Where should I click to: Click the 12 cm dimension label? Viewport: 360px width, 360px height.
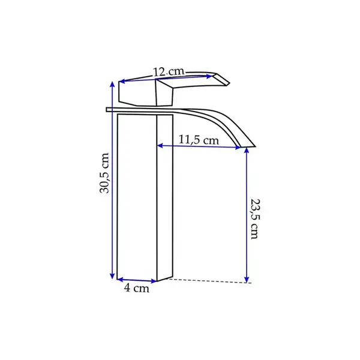click(168, 72)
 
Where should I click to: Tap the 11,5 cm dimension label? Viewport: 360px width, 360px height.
click(199, 140)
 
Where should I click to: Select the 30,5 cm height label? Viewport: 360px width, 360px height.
click(104, 173)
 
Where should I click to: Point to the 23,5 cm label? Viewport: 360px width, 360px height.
click(255, 219)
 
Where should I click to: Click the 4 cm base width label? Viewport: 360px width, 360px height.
click(137, 288)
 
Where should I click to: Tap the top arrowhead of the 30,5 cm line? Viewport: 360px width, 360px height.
click(112, 84)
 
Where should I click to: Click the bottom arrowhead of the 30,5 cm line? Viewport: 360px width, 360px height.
click(112, 276)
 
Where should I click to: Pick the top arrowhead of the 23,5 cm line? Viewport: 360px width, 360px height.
click(247, 151)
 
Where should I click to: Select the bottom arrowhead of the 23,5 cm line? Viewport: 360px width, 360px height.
click(247, 280)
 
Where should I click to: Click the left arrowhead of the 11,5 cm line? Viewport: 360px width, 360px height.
click(160, 146)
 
